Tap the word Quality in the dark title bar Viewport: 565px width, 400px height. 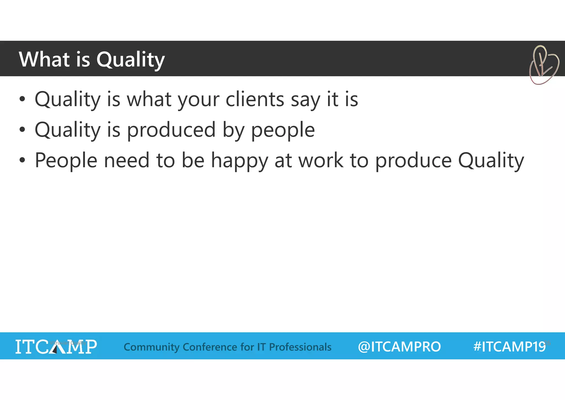click(130, 60)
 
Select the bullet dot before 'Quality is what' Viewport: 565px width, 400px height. click(22, 99)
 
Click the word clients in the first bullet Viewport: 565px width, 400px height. click(255, 99)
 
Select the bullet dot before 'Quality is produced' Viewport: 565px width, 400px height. click(22, 129)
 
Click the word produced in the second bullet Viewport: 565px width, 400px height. click(171, 129)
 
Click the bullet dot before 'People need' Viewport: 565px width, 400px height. click(22, 160)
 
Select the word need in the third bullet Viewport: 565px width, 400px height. click(126, 160)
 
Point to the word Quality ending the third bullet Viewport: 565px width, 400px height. click(491, 160)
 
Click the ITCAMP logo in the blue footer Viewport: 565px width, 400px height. click(56, 346)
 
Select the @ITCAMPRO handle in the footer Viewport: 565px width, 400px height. click(399, 347)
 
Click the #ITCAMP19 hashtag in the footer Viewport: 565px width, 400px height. click(509, 346)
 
